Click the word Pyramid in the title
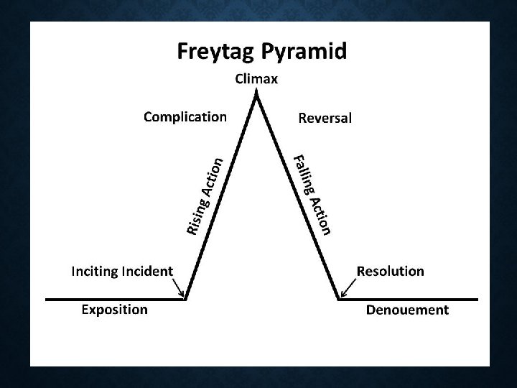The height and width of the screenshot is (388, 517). tap(303, 52)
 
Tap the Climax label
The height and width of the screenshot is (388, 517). tap(256, 79)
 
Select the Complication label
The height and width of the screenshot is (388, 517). tap(185, 116)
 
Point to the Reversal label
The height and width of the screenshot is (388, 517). tap(325, 118)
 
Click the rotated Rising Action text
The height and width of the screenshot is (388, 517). tap(205, 195)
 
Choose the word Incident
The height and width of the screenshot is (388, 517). tap(146, 272)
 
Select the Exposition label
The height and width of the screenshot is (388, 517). tap(114, 310)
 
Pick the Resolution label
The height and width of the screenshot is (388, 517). tap(390, 272)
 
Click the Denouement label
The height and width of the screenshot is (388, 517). tap(407, 310)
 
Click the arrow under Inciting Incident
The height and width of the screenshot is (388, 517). tap(179, 289)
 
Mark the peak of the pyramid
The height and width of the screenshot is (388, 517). tap(257, 96)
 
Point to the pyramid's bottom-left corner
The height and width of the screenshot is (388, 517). tap(186, 298)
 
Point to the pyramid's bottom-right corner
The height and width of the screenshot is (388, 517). tap(339, 298)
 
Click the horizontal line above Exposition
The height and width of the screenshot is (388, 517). tap(115, 298)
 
